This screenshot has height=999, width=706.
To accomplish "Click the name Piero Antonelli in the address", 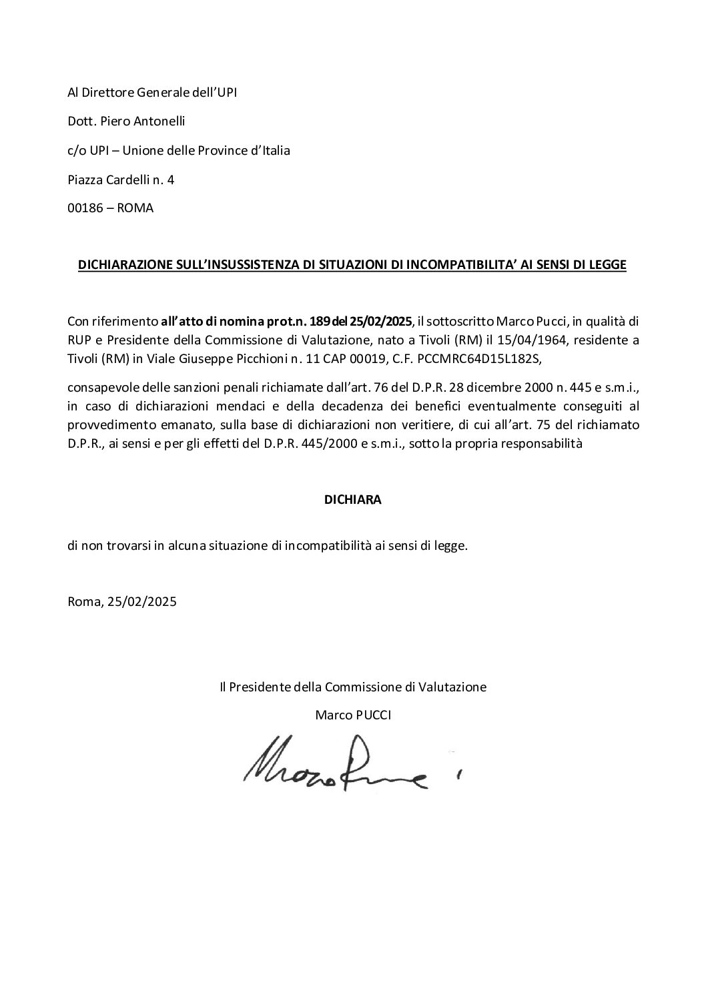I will (x=139, y=121).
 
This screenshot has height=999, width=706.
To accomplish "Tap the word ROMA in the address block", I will (x=135, y=208).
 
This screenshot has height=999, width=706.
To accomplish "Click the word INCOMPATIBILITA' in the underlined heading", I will (x=452, y=265).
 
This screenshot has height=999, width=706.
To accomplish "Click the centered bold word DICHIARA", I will (x=352, y=500).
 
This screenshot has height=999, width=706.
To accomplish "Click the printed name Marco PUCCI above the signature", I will (x=353, y=715).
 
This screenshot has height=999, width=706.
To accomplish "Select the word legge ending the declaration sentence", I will (x=452, y=545).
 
